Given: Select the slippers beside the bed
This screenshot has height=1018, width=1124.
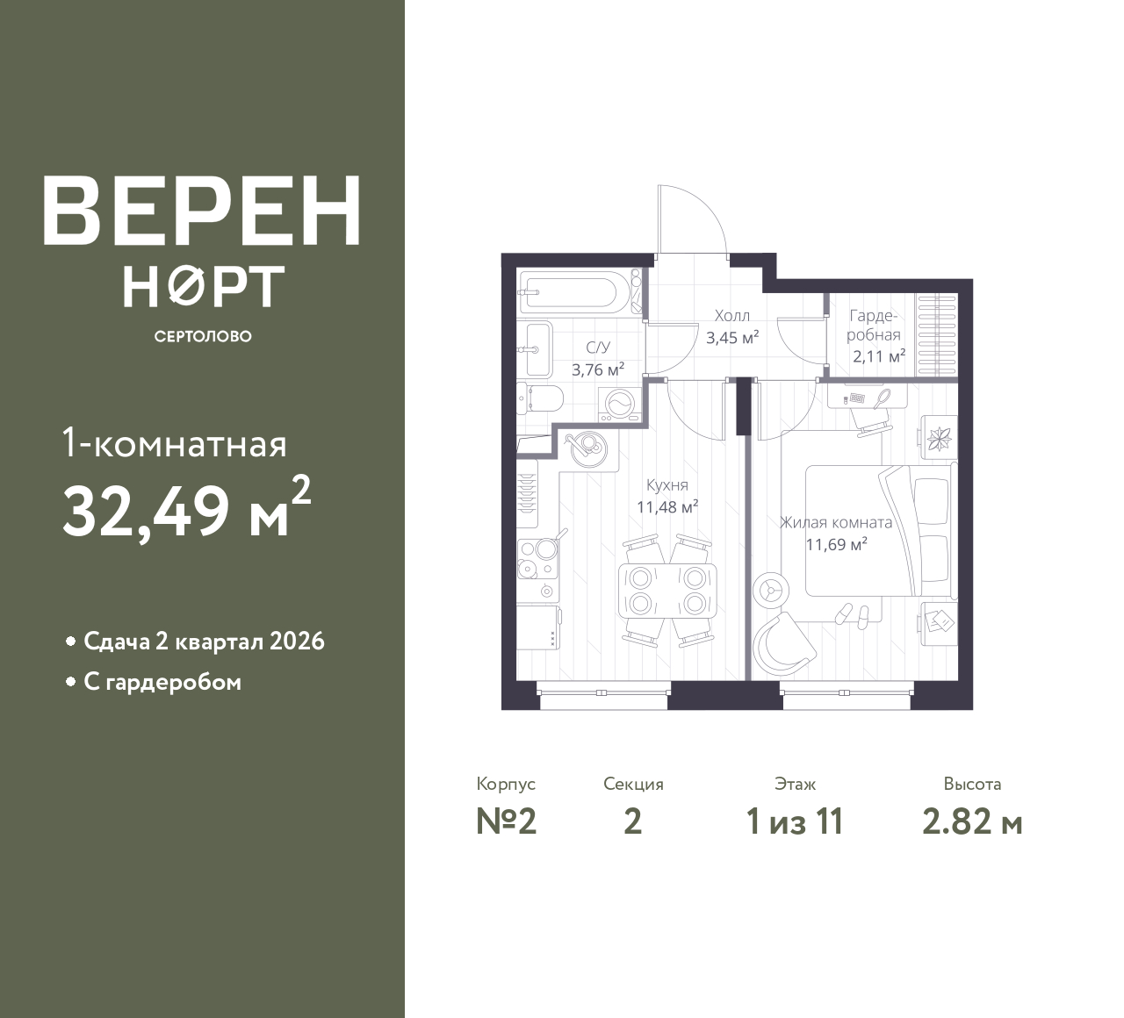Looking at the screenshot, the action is click(852, 614).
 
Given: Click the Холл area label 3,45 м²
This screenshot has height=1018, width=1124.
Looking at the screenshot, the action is click(732, 338).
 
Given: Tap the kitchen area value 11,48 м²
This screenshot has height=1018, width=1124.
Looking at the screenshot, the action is click(667, 507).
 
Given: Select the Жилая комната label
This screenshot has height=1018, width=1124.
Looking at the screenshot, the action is click(836, 522).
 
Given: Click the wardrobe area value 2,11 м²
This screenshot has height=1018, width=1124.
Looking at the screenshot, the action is click(879, 356).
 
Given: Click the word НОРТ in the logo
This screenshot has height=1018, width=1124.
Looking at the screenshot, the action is click(204, 286).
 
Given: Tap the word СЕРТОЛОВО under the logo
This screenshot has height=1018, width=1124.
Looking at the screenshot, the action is click(203, 336).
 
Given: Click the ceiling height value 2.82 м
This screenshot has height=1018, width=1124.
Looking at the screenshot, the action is click(972, 822).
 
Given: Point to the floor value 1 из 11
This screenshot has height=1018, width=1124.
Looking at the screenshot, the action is click(795, 822).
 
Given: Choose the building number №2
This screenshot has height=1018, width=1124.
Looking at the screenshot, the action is click(507, 822).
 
